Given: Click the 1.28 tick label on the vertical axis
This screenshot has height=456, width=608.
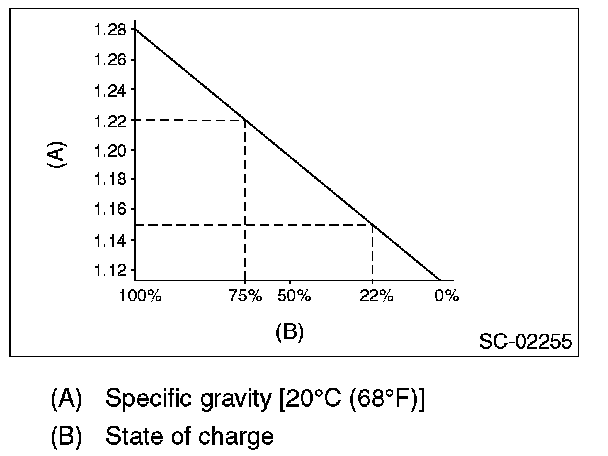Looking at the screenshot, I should [x=111, y=31].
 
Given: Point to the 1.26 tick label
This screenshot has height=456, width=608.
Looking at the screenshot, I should [x=111, y=60].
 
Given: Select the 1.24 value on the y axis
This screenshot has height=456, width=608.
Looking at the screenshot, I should [x=111, y=91].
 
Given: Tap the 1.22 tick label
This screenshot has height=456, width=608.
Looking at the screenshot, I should [x=111, y=121].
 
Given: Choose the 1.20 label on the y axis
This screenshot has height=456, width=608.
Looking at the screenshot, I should [x=111, y=151].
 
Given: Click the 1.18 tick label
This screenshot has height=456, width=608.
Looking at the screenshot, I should [x=111, y=180].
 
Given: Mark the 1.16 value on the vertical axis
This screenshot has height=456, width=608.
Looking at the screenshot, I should [x=111, y=210].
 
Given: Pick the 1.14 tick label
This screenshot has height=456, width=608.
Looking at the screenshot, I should [x=111, y=240].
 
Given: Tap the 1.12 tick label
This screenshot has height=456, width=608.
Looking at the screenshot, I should [x=111, y=270].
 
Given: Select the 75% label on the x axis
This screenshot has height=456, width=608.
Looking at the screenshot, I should [x=246, y=296].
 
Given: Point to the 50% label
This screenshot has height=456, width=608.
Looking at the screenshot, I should [x=295, y=296].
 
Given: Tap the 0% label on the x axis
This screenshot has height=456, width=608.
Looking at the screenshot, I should [x=446, y=296].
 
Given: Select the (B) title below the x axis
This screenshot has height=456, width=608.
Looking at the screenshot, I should [x=289, y=332].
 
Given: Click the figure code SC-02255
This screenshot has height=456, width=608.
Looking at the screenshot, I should [x=525, y=341].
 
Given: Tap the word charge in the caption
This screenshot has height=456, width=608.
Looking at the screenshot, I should [x=237, y=436].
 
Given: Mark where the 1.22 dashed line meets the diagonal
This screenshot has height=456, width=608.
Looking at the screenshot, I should [x=245, y=121].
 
